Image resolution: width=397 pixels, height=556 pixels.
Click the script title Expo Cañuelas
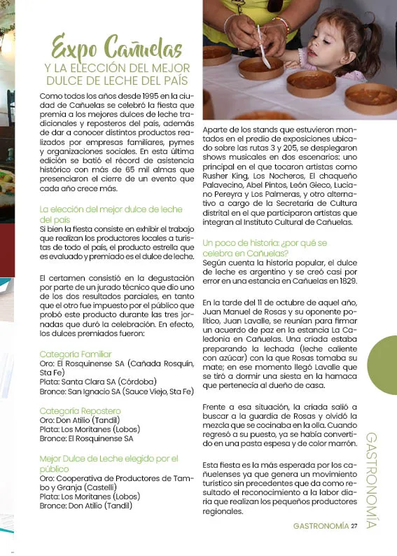pos(117,47)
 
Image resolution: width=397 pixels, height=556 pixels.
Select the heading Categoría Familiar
pos(76,354)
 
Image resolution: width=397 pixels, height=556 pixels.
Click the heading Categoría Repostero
pos(80,410)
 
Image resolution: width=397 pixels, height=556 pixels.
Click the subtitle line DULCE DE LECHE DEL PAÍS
pos(117,79)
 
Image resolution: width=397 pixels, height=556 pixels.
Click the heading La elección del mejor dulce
pos(111,209)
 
